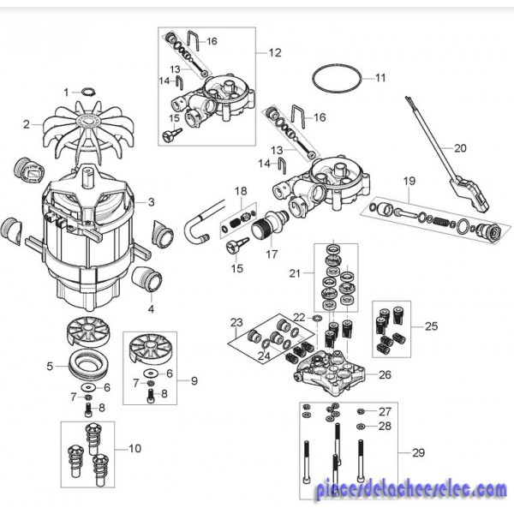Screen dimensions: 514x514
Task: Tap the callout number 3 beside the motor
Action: pos(151,202)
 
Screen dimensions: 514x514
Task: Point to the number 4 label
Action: pos(151,308)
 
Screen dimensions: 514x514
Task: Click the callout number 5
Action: pos(50,366)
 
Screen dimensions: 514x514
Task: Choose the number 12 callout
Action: pos(275,52)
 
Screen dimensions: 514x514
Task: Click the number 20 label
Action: pos(460,147)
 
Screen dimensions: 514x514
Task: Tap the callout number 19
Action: pos(409,181)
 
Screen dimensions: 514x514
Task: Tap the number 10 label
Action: pos(135,448)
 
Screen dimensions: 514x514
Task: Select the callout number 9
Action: pos(193,380)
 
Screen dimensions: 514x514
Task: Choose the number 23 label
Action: pos(236,322)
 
